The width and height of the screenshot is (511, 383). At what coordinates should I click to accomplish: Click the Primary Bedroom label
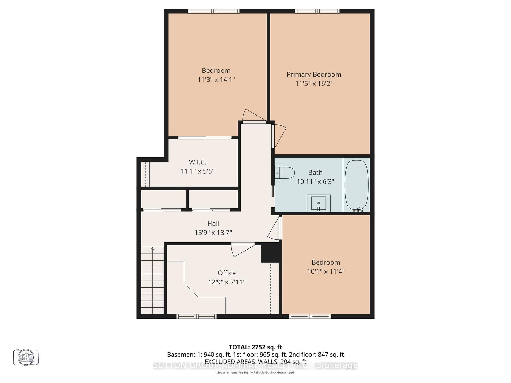click(x=314, y=74)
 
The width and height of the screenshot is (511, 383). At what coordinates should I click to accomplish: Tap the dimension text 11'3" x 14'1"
click(x=216, y=79)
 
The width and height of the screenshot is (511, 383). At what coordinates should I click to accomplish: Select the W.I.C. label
click(x=197, y=162)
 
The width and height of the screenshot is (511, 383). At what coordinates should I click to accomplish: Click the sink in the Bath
click(x=318, y=203)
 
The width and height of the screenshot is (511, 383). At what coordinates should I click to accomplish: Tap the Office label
click(x=226, y=273)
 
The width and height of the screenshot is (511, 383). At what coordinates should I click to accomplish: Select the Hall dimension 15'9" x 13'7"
click(x=213, y=233)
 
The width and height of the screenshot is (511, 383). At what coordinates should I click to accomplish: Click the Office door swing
click(x=241, y=250)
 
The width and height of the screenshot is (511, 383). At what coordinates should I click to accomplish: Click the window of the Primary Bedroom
click(x=317, y=11)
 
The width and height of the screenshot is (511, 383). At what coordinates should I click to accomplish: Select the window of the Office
click(x=196, y=316)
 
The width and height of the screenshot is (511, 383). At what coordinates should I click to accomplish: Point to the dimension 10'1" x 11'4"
click(x=326, y=272)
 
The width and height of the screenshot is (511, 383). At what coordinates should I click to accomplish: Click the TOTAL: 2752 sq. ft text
click(x=255, y=347)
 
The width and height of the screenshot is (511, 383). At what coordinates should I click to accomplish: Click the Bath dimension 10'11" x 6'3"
click(x=315, y=182)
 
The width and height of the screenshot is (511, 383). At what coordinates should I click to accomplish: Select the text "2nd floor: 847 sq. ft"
click(x=316, y=354)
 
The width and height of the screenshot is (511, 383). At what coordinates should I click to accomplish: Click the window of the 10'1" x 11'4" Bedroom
click(x=310, y=316)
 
